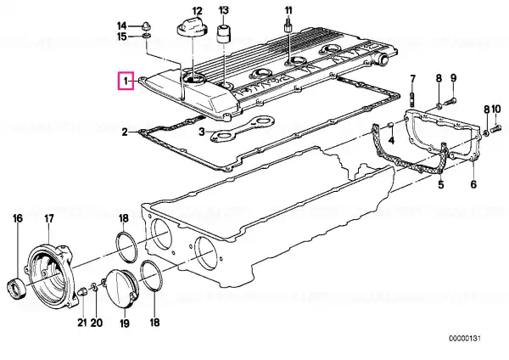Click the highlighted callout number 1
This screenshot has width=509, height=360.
click(x=126, y=81)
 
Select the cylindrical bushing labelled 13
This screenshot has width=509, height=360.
click(x=223, y=33)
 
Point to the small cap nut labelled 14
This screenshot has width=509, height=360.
click(x=147, y=25)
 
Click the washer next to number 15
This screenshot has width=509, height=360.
click(x=147, y=35)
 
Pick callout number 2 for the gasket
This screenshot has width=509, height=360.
click(x=125, y=132)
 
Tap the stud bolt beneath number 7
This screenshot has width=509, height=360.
click(x=412, y=99)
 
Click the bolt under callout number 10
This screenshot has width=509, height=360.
click(x=496, y=129)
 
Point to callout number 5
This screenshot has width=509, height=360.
click(x=441, y=184)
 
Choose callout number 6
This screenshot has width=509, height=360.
click(x=473, y=184)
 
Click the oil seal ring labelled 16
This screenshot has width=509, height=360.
click(x=16, y=288)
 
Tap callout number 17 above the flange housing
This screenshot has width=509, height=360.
click(x=48, y=219)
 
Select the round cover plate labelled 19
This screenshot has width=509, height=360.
click(x=121, y=288)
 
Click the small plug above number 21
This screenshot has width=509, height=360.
click(x=81, y=291)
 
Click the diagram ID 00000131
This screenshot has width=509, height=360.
click(x=465, y=339)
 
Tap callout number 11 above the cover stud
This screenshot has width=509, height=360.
click(x=288, y=10)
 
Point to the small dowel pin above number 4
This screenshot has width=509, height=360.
click(x=391, y=125)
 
